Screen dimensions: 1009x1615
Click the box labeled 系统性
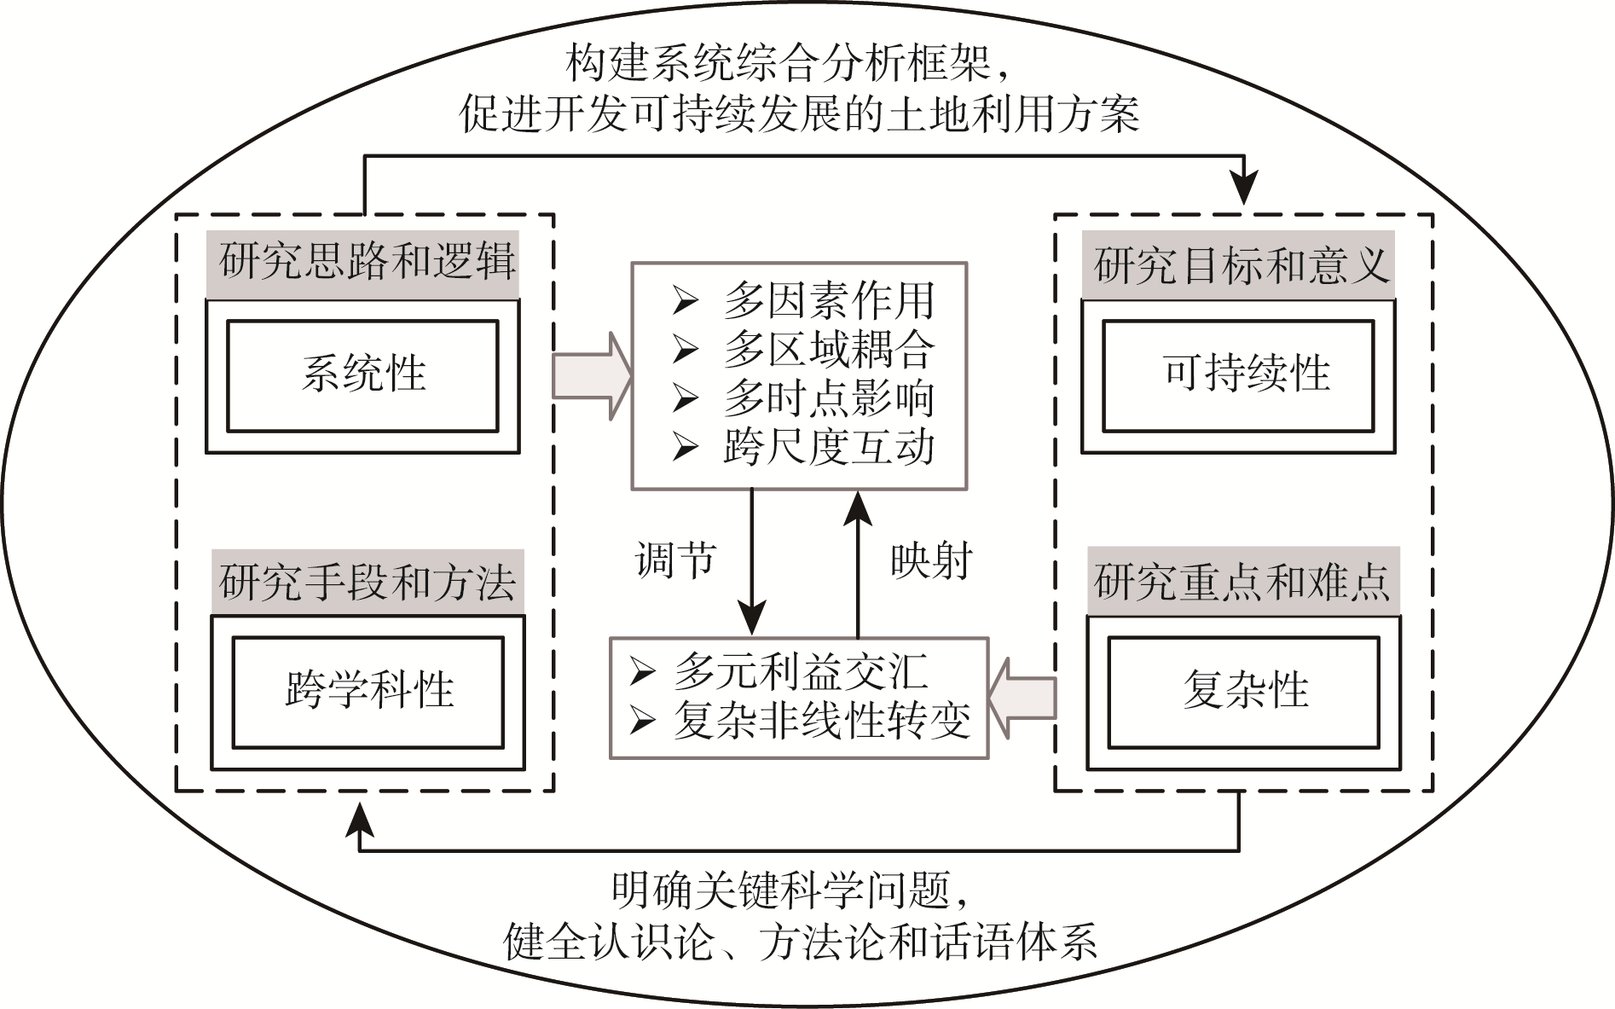(x=362, y=375)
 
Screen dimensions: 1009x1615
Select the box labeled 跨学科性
(x=368, y=692)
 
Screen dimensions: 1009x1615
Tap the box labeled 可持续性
(x=1238, y=375)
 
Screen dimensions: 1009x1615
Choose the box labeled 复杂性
(x=1243, y=692)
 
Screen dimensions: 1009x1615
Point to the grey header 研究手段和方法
(x=368, y=583)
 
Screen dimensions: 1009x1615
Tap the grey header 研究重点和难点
(x=1243, y=583)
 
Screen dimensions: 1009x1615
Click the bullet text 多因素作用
(x=828, y=301)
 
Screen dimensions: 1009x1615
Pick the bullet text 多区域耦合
(x=828, y=350)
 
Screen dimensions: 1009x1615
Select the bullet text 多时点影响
(x=828, y=398)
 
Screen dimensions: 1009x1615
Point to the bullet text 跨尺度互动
(x=828, y=447)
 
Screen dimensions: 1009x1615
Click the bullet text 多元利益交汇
(x=800, y=673)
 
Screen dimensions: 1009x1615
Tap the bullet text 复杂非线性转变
(x=821, y=722)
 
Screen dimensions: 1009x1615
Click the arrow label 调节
(x=675, y=561)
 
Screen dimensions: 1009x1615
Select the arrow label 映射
(x=931, y=561)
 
